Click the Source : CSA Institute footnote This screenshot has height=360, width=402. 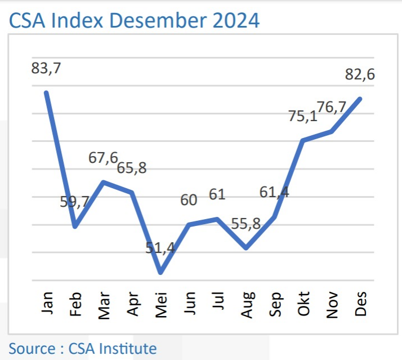click(82, 348)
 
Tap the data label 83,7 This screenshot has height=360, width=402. click(46, 69)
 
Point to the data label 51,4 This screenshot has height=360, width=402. click(161, 248)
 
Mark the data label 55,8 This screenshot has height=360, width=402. click(245, 223)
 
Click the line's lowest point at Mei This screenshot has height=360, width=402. click(161, 273)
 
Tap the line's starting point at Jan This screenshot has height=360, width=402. click(46, 92)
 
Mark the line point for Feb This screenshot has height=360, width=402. click(75, 226)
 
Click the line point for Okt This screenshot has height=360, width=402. click(303, 140)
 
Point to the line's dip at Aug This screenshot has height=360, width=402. click(246, 248)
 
